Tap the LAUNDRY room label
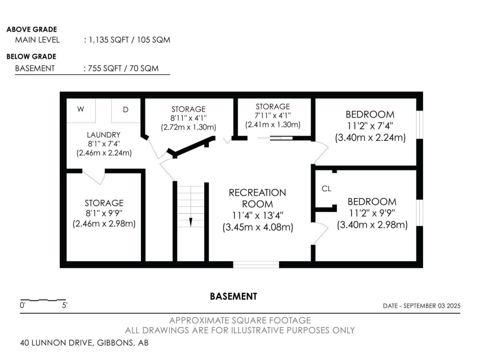[103, 135]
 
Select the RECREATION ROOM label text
[257, 198]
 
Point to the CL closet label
[326, 188]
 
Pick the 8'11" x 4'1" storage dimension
[189, 118]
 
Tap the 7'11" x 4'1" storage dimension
[273, 115]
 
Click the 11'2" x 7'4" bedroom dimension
[370, 126]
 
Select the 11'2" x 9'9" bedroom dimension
[372, 213]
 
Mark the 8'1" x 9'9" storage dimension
[104, 213]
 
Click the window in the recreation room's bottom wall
[256, 264]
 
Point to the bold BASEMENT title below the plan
[234, 296]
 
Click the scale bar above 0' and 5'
[43, 300]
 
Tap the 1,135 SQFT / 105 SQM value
[129, 40]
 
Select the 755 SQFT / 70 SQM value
[123, 68]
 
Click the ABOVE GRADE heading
[32, 29]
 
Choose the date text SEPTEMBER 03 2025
[432, 306]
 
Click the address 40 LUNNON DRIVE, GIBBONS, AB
[84, 343]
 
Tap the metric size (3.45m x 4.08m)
[258, 227]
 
